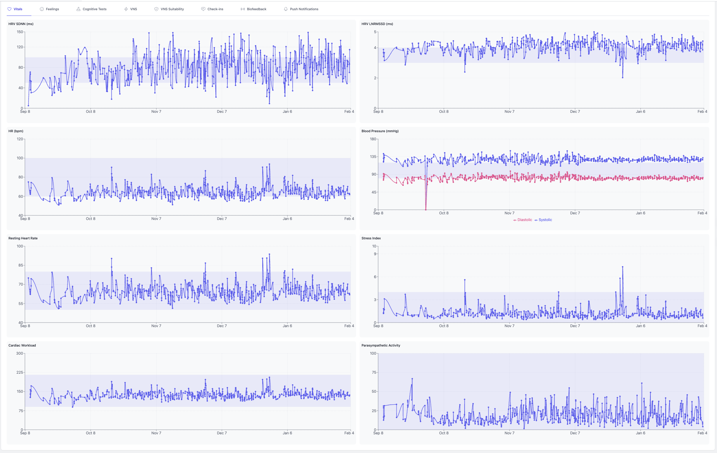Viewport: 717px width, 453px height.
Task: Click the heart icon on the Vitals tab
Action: coord(10,9)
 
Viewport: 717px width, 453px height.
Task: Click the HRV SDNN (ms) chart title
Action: coord(21,24)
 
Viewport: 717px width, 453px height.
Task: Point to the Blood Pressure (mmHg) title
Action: coord(380,131)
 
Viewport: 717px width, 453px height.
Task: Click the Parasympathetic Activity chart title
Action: coord(381,345)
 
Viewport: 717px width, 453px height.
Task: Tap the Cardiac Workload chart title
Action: coord(22,345)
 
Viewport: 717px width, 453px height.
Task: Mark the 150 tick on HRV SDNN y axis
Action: coord(20,32)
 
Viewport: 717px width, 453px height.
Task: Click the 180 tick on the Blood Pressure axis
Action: coord(373,139)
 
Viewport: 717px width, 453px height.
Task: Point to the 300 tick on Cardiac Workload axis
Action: coord(20,354)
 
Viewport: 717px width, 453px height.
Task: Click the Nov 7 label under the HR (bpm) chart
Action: coord(156,219)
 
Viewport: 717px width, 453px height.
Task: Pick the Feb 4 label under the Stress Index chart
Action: coord(702,326)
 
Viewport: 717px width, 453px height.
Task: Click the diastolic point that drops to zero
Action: coord(426,210)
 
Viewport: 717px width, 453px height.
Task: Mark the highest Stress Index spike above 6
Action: coord(623,267)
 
